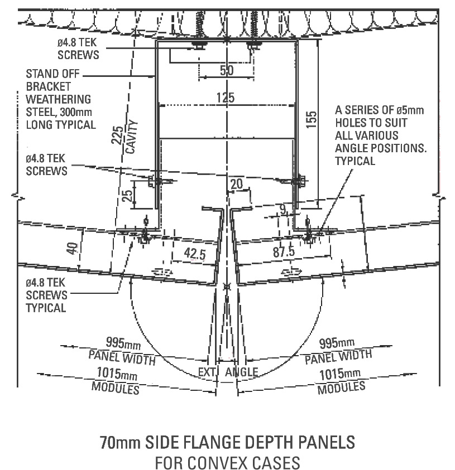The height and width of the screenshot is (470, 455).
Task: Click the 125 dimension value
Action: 226,98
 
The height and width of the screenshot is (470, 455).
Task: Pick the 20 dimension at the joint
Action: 237,184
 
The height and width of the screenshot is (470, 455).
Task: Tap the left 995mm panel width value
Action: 121,342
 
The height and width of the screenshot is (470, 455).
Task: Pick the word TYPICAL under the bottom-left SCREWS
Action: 47,308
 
